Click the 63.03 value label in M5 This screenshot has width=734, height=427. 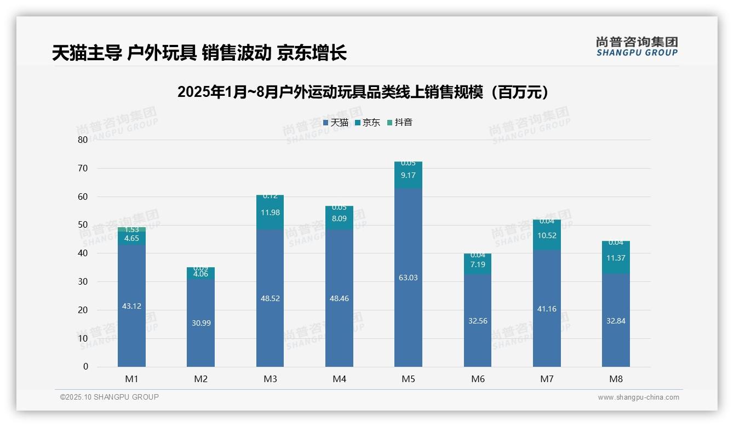click(x=408, y=278)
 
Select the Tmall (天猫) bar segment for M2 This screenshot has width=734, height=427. click(x=200, y=323)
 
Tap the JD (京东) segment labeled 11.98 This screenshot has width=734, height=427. click(x=270, y=212)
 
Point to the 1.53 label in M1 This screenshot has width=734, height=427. click(x=131, y=229)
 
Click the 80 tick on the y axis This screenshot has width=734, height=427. click(x=83, y=140)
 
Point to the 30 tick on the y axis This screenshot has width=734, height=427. click(x=83, y=281)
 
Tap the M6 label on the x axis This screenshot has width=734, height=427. click(x=478, y=379)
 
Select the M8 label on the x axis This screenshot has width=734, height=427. click(x=616, y=379)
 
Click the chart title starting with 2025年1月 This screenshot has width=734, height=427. click(x=363, y=93)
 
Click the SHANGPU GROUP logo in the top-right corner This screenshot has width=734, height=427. click(x=636, y=47)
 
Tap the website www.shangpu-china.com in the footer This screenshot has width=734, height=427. click(x=638, y=397)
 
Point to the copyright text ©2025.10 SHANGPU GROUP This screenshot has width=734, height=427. click(x=110, y=397)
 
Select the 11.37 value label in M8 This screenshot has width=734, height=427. click(x=616, y=258)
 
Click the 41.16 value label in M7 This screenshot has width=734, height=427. click(x=547, y=309)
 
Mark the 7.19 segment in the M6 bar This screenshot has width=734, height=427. click(x=478, y=264)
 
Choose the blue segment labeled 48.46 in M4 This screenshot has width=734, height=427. click(x=339, y=298)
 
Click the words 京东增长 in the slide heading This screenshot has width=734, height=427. click(x=312, y=53)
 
